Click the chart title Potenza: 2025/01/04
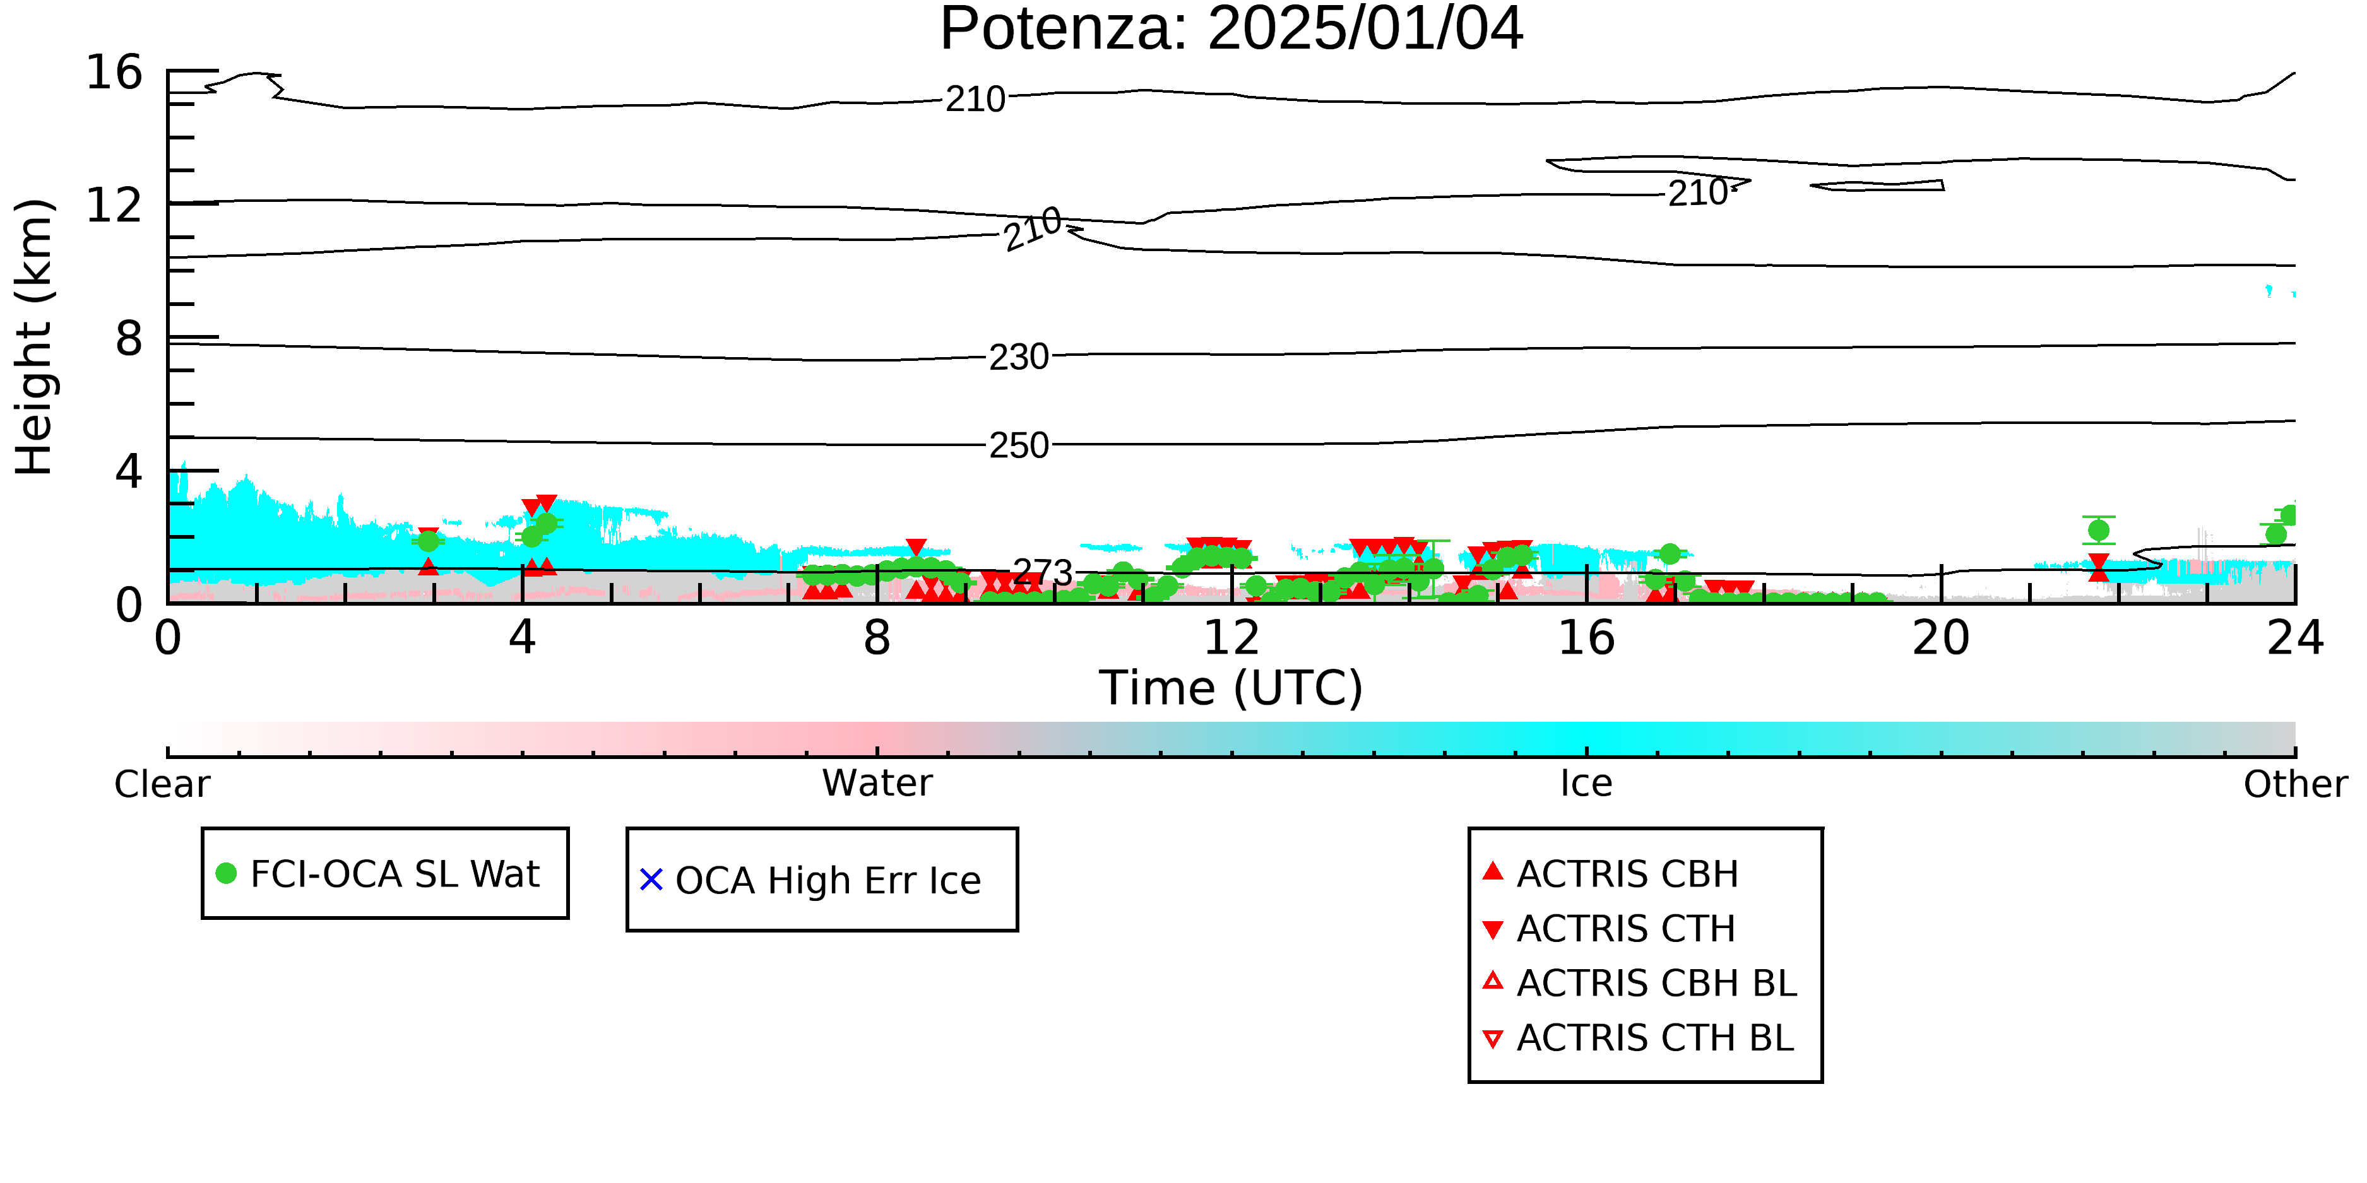point(1231,30)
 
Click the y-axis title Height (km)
point(35,337)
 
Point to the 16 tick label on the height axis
point(114,72)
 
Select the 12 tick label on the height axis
point(114,205)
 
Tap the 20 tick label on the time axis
point(1941,639)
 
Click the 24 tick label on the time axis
point(2295,639)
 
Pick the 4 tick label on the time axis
point(522,639)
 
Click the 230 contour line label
point(1018,357)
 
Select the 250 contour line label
point(1018,446)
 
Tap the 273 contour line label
point(1042,573)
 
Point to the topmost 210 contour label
point(976,99)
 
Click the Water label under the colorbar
point(877,784)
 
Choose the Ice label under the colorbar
point(1586,784)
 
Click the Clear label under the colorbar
point(162,784)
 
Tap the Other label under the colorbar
point(2295,784)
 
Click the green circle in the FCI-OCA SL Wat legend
point(226,873)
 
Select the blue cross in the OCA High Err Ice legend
point(651,880)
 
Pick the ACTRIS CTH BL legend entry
point(1639,1039)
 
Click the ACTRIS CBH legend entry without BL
point(1611,874)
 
